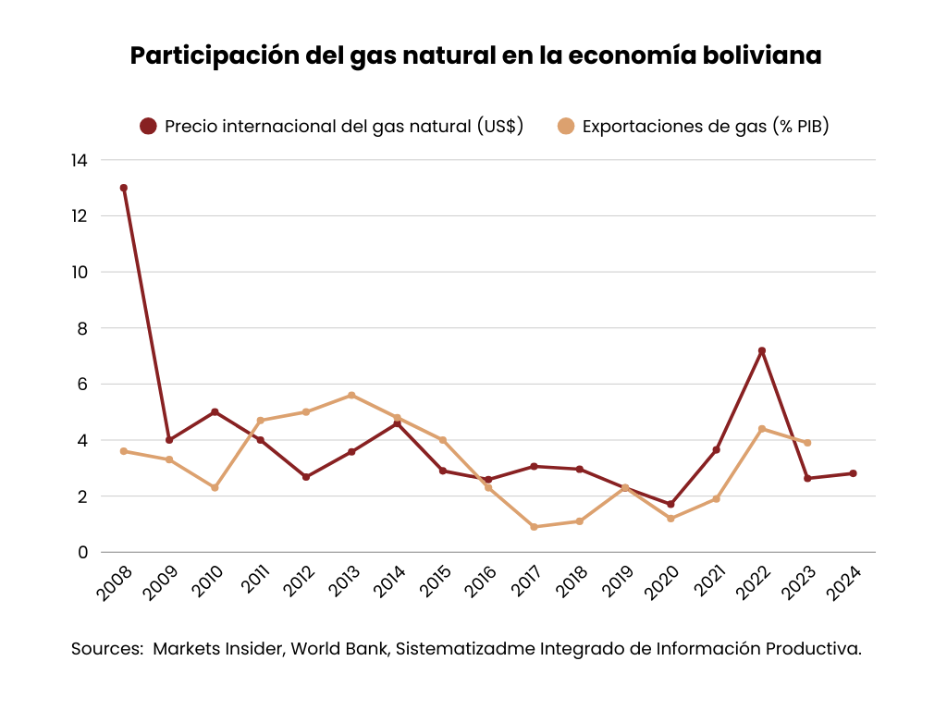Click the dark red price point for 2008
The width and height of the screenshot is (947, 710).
coord(123,188)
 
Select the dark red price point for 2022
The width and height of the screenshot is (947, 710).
coord(762,350)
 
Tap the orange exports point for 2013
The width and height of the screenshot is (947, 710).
coord(351,395)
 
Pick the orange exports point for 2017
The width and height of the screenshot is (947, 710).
coord(534,527)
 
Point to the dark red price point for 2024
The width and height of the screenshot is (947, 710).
coord(853,473)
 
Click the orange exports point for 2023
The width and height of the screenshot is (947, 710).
coord(807,443)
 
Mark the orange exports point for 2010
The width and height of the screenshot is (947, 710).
coord(215,487)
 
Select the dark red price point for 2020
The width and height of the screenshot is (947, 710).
coord(670,504)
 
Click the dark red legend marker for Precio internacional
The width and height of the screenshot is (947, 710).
coord(148,127)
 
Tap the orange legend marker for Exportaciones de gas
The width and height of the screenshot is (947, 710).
coord(566,127)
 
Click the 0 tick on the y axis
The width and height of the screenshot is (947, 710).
coord(83,552)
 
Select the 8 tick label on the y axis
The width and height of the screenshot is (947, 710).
coord(83,328)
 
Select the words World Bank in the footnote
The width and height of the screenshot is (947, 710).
coord(341,649)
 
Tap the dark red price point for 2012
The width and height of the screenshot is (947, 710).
coord(306,477)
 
